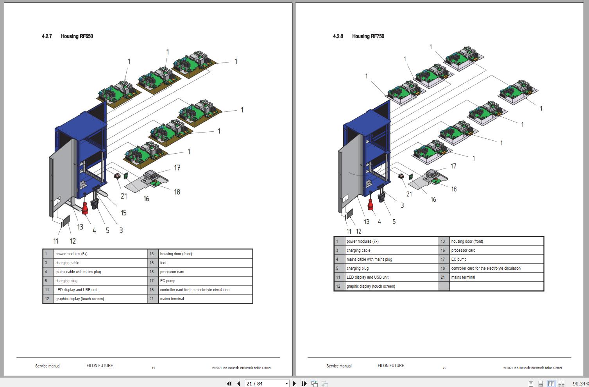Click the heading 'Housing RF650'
point(77,36)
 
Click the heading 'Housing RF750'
point(368,36)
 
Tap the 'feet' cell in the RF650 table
point(163,263)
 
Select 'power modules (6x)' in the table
point(72,254)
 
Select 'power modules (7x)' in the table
point(362,241)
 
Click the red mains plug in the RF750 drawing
point(370,204)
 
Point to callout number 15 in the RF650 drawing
point(124,213)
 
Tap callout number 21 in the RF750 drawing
point(409,194)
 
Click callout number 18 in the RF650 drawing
point(177,192)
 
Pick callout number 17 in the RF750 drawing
point(453,166)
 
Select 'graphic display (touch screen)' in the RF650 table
point(80,299)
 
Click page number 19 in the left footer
point(153,367)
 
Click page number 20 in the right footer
point(444,367)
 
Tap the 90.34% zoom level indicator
point(580,383)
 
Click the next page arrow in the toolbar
point(295,383)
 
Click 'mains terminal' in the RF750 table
point(463,277)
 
